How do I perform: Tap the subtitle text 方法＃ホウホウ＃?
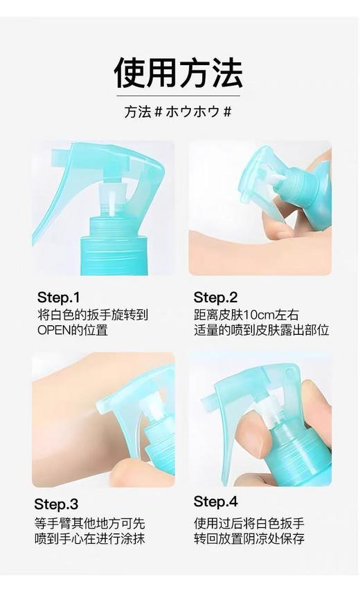coord(178,112)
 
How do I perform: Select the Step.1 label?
coord(59,297)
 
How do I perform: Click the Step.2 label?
coord(215,297)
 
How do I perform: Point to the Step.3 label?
coord(56,504)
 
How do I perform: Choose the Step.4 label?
coord(215,502)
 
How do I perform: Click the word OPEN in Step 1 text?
coord(54,330)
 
